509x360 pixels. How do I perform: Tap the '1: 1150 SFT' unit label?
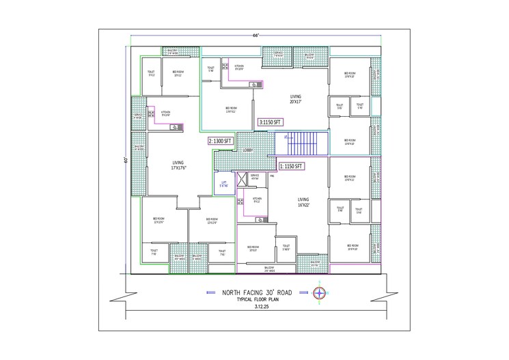point(290,166)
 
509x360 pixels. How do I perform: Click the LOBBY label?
point(247,150)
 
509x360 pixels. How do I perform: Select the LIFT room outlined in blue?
point(223,185)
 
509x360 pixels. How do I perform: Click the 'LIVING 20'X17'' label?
point(295,100)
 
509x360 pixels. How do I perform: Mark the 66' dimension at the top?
point(255,33)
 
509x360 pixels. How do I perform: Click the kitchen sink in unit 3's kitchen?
point(254,84)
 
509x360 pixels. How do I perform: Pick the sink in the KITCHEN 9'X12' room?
point(261,219)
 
